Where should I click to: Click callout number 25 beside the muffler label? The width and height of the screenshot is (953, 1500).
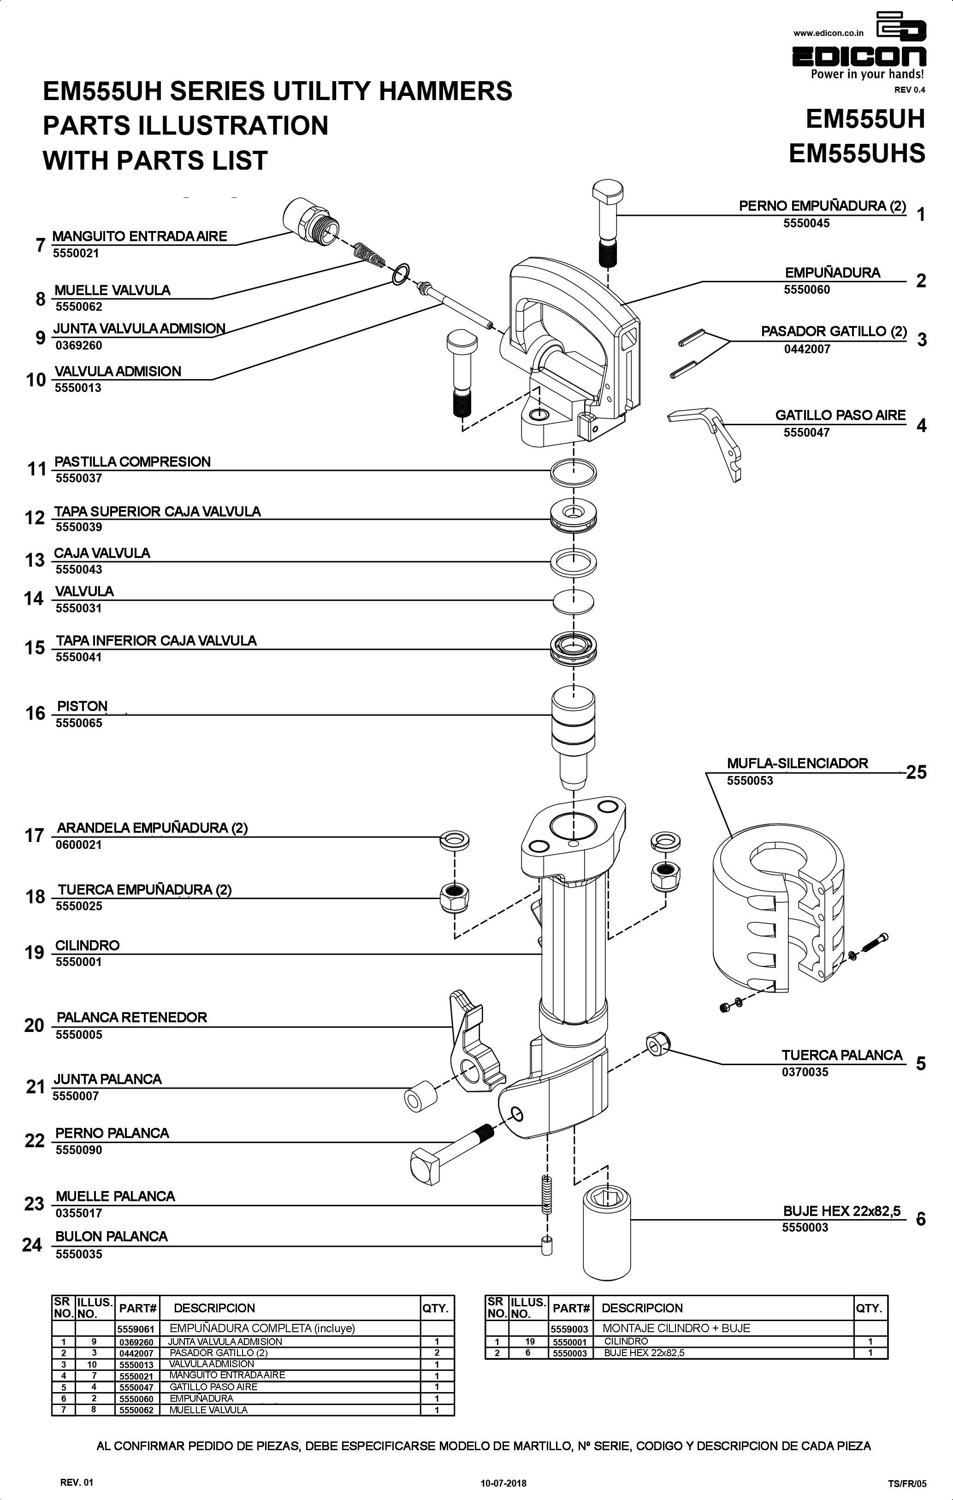pyautogui.click(x=916, y=772)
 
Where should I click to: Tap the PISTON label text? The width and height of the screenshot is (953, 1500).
pyautogui.click(x=82, y=706)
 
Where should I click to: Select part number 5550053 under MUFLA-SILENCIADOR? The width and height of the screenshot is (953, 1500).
pyautogui.click(x=750, y=781)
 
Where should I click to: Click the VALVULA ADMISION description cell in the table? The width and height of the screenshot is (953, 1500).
pyautogui.click(x=212, y=1364)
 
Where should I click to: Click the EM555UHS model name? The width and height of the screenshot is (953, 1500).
pyautogui.click(x=857, y=153)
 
